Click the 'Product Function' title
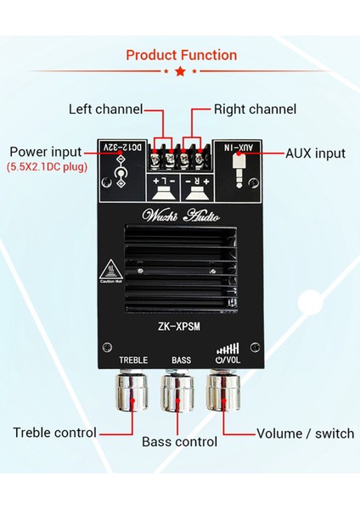181,55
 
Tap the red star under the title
180,72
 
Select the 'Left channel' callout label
105,109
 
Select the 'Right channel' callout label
255,109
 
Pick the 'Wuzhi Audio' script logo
180,213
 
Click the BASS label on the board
181,360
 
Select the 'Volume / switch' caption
305,433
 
